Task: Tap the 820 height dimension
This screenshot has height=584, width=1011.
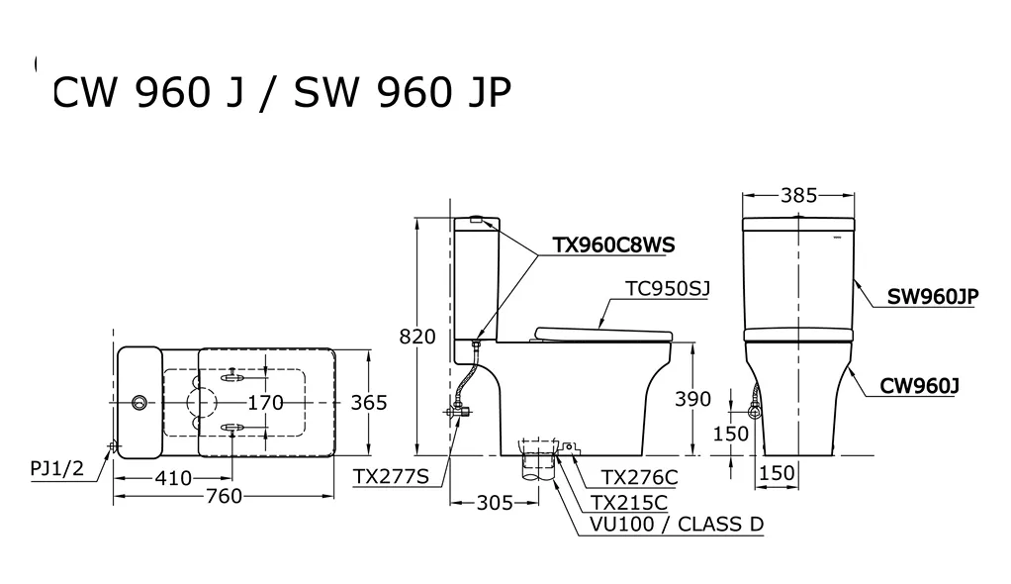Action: pos(417,337)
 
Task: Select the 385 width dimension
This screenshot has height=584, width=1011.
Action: pos(798,195)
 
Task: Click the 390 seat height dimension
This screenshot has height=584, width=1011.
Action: pos(692,399)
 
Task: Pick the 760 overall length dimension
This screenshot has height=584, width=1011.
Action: pos(224,495)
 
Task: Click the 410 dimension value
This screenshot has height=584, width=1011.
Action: pos(173,478)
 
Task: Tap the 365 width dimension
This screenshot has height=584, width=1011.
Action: pos(368,402)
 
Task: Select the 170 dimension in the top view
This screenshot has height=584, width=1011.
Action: pos(265,402)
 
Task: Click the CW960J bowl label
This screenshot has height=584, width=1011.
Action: pos(920,386)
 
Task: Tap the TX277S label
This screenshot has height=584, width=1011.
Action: pos(391,477)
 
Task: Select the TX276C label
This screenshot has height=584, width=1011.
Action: pos(640,477)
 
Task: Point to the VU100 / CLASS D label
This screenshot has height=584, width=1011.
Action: pos(677,524)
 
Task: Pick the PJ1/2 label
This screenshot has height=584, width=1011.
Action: pos(56,468)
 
